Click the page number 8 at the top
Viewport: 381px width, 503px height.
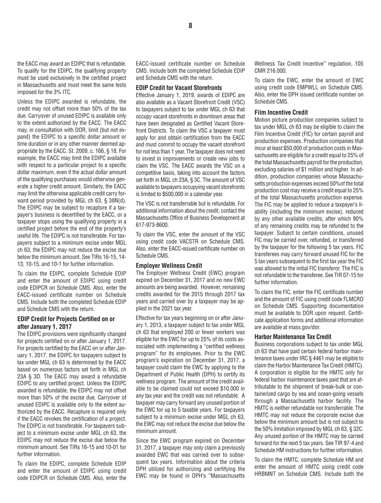(x=190, y=25)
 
